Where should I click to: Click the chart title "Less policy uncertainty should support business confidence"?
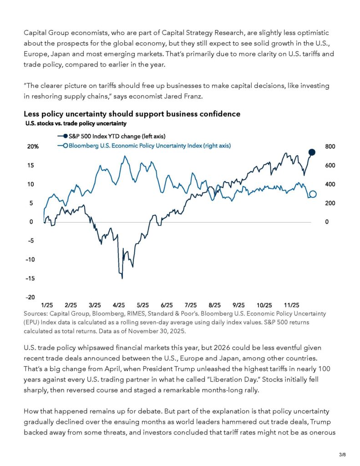pyautogui.click(x=132, y=114)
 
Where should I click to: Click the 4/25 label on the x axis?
pyautogui.click(x=119, y=305)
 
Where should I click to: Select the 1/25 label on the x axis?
pyautogui.click(x=47, y=305)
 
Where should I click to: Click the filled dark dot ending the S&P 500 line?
pyautogui.click(x=312, y=152)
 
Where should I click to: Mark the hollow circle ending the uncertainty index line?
pyautogui.click(x=313, y=194)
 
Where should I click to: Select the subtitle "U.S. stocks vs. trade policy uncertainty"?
pyautogui.click(x=75, y=123)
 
